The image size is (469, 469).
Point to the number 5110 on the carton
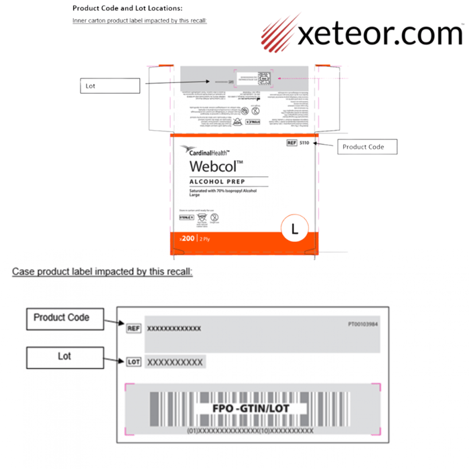point(305,143)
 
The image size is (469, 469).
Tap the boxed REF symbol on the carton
point(291,143)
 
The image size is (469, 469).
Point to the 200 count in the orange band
point(187,239)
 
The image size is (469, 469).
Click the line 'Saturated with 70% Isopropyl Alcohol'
point(224,191)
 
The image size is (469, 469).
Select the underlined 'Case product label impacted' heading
point(103,272)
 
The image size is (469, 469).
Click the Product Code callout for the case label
point(61,318)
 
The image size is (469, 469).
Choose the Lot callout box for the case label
point(64,356)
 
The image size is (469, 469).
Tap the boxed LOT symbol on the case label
point(134,362)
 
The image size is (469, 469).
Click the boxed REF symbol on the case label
point(134,328)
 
